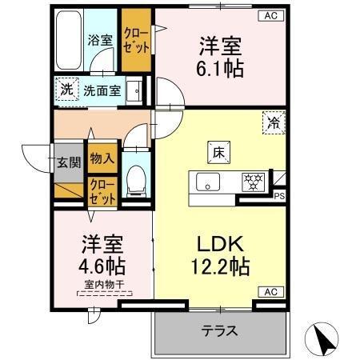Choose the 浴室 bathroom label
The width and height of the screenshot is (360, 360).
click(x=99, y=38)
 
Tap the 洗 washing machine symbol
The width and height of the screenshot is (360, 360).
click(x=66, y=89)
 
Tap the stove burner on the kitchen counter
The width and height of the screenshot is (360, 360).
click(x=254, y=181)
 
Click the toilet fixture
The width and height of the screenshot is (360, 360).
click(x=136, y=178)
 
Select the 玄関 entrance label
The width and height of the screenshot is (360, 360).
click(x=68, y=163)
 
